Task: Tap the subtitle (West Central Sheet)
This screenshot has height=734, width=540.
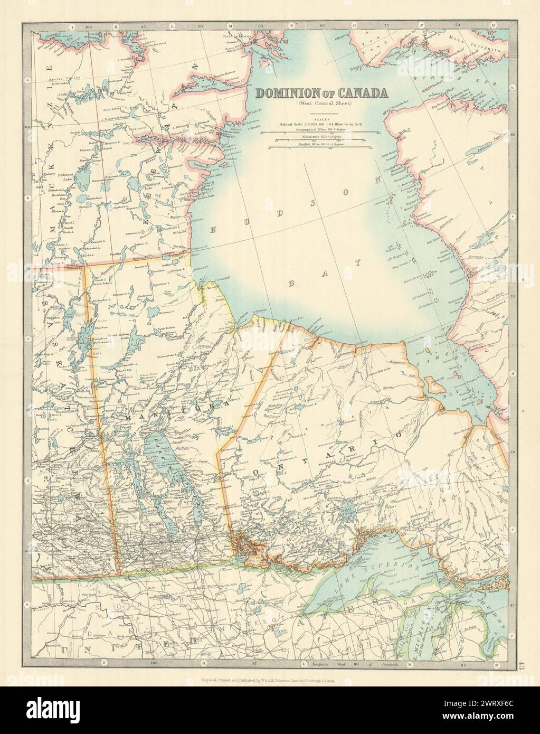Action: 322,103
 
